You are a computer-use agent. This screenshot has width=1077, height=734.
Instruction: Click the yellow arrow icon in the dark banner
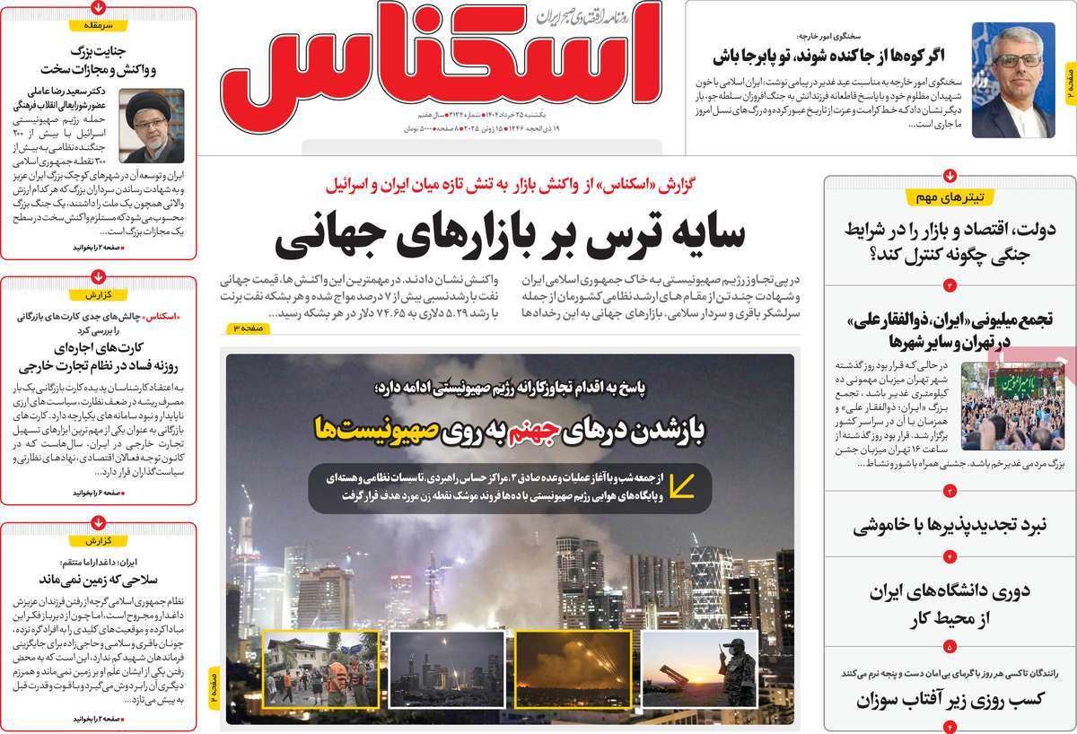[x=684, y=485]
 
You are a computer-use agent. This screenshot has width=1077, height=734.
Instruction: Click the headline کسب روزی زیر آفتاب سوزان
[x=949, y=700]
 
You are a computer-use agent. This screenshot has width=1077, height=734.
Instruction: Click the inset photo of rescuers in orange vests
[x=320, y=669]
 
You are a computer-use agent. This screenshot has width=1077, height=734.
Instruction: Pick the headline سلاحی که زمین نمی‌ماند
[x=99, y=578]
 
